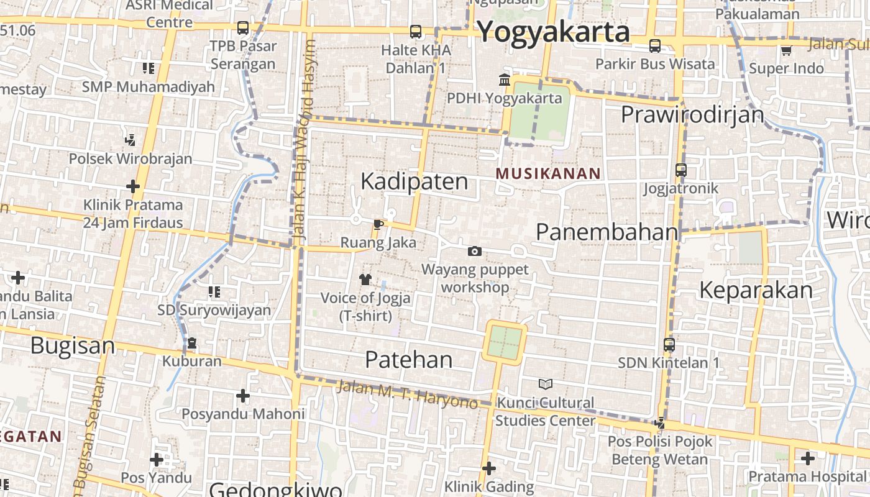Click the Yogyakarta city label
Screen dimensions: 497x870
point(554,32)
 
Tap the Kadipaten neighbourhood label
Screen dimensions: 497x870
point(414,181)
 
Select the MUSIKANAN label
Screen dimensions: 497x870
point(548,174)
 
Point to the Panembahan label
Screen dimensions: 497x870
point(607,232)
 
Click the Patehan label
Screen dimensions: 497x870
point(408,359)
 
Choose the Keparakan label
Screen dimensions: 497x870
point(756,290)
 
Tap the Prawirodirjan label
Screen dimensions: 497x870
point(692,114)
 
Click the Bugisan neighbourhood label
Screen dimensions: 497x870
point(73,345)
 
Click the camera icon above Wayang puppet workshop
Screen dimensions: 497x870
point(475,251)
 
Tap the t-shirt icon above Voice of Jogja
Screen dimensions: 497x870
point(365,280)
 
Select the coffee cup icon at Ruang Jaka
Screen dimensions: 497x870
point(378,224)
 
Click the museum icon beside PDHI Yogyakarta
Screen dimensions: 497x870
point(505,80)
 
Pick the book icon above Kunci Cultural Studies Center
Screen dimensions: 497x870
point(545,384)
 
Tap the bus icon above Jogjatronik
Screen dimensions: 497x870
point(681,170)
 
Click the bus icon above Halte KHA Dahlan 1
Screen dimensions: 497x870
point(416,31)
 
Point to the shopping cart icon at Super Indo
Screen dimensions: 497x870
point(786,50)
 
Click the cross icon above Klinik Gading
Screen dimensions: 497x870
point(489,468)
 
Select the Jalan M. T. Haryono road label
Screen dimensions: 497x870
point(407,394)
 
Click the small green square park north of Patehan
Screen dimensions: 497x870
point(504,342)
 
